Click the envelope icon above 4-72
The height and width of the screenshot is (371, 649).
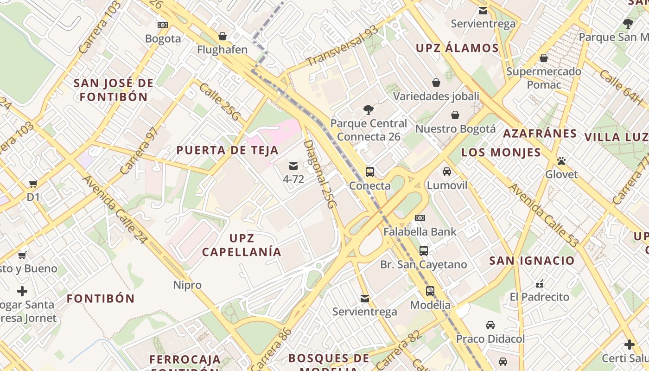coord(293,166)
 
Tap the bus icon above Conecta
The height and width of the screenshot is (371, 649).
coord(370,172)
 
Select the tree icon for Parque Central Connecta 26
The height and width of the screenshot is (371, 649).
coord(369,110)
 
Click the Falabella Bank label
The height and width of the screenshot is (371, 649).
coord(420,231)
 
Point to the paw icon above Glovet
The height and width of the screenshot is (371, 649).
coord(561,161)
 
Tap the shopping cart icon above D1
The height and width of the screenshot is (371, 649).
coord(33,184)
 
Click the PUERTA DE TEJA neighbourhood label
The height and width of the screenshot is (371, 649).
coord(228,150)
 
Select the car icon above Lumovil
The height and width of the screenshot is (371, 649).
coord(447,172)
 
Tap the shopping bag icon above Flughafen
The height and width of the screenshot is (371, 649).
coord(223,36)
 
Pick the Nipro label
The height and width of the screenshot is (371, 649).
coord(187,285)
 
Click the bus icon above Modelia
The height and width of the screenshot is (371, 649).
coord(430,291)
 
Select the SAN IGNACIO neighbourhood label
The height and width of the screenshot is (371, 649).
coord(532,261)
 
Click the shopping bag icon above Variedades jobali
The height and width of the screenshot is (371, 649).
coord(436,83)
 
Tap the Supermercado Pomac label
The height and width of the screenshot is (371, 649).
coord(544,78)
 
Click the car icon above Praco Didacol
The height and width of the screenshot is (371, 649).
coord(490,325)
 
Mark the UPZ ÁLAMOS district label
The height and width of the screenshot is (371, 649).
coord(457,48)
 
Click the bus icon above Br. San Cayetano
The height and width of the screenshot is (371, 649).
coord(424,251)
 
